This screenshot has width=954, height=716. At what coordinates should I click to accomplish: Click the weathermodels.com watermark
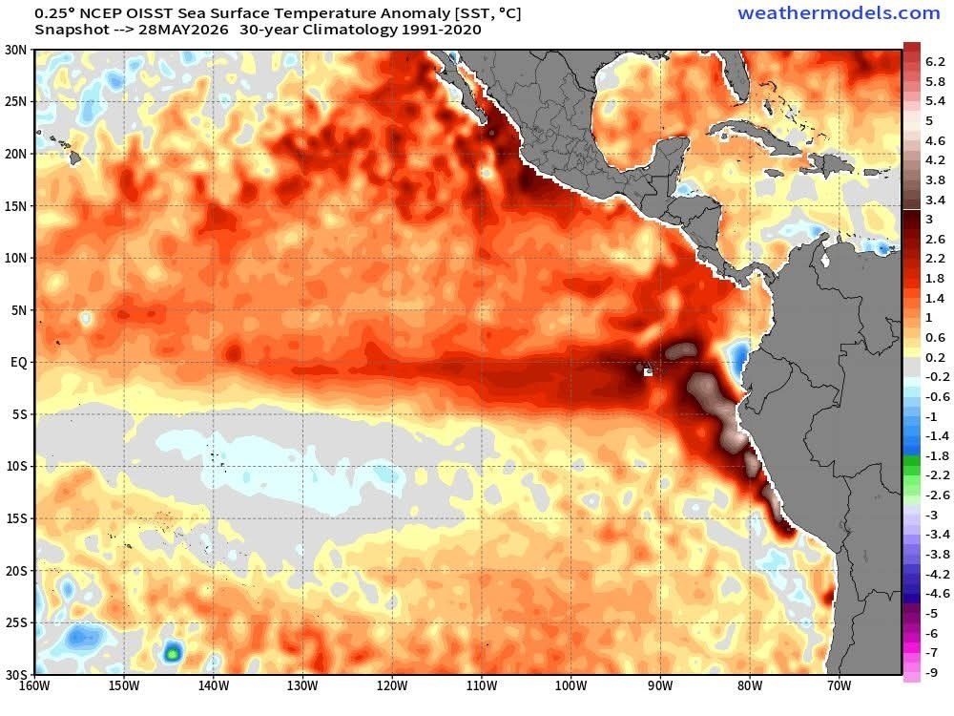[839, 12]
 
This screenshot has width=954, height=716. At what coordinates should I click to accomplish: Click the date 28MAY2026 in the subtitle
[183, 30]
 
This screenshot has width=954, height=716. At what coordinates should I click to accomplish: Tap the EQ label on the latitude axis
[19, 362]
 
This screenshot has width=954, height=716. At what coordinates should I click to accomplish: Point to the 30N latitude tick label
[16, 50]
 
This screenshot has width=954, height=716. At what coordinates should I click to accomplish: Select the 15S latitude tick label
[16, 518]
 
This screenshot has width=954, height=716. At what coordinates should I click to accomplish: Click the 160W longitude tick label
[34, 685]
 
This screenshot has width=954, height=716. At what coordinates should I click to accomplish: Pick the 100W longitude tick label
[570, 685]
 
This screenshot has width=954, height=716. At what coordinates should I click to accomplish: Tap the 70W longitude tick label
[839, 685]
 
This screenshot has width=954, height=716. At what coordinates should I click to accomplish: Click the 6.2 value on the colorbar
[935, 61]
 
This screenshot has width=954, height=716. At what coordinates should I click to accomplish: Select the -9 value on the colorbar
[931, 672]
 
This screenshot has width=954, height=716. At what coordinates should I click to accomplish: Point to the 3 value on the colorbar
[929, 220]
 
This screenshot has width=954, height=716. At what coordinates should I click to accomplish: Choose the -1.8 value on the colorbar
[937, 455]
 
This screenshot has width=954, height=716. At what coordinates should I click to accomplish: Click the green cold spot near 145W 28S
[173, 653]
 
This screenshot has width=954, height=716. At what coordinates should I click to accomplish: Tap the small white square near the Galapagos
[648, 372]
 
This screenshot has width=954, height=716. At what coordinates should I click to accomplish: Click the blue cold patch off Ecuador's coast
[738, 359]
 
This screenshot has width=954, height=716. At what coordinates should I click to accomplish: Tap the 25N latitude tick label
[16, 102]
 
